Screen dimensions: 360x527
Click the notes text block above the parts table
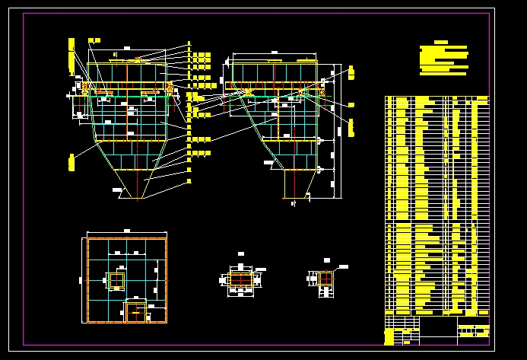coord(444,59)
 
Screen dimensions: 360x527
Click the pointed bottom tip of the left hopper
coord(138,200)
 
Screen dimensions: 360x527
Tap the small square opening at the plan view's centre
coord(116,281)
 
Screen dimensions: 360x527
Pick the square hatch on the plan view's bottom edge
coord(136,310)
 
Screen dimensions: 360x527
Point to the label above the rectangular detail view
coord(241,253)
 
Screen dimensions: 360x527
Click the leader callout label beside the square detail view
coord(343,266)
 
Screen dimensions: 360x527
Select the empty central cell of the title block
coord(438,330)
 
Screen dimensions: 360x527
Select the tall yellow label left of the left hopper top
coord(71,56)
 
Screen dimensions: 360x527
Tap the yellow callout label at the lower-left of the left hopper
coord(70,161)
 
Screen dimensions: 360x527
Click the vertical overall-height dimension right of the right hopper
coord(335,137)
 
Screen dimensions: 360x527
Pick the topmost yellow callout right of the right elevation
coord(352,72)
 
